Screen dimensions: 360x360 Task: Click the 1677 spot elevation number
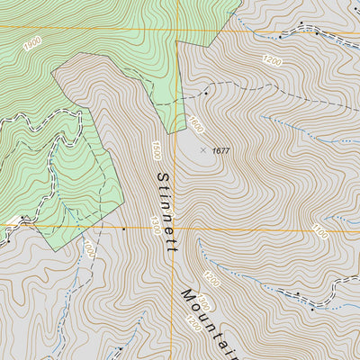[221, 151]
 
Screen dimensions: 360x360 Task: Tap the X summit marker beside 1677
[202, 150]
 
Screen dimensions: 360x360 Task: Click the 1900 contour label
[32, 44]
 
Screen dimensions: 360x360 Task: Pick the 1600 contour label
[196, 125]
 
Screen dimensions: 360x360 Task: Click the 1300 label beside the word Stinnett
[156, 220]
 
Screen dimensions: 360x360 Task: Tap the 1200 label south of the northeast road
[273, 61]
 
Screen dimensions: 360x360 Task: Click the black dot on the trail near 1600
[206, 92]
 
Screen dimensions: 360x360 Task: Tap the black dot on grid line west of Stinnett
[124, 229]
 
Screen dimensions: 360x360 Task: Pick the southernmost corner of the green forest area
[51, 250]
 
